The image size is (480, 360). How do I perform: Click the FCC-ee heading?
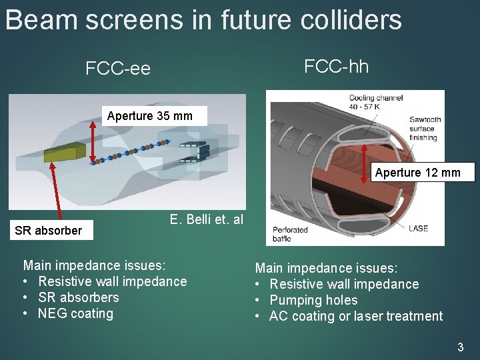coord(118,69)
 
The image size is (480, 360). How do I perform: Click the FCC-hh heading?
coord(336,66)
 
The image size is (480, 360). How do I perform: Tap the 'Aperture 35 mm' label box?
coord(150,116)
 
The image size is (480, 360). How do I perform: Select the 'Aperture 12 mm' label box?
coord(417,173)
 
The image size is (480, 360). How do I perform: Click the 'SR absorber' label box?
coord(48,231)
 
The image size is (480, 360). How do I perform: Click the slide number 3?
coord(460,347)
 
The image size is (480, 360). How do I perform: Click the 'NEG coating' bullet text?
coord(75,313)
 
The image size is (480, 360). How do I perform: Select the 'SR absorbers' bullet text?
coord(78,297)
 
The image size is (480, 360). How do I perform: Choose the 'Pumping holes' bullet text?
coord(313,300)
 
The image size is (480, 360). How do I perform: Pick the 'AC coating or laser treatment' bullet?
coord(355,316)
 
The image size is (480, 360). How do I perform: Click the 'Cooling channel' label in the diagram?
coord(376,102)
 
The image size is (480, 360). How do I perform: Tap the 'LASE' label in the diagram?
coord(418,228)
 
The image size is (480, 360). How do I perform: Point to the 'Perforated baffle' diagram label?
coord(290,234)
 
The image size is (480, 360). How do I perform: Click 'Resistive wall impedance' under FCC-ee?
coord(112,281)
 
